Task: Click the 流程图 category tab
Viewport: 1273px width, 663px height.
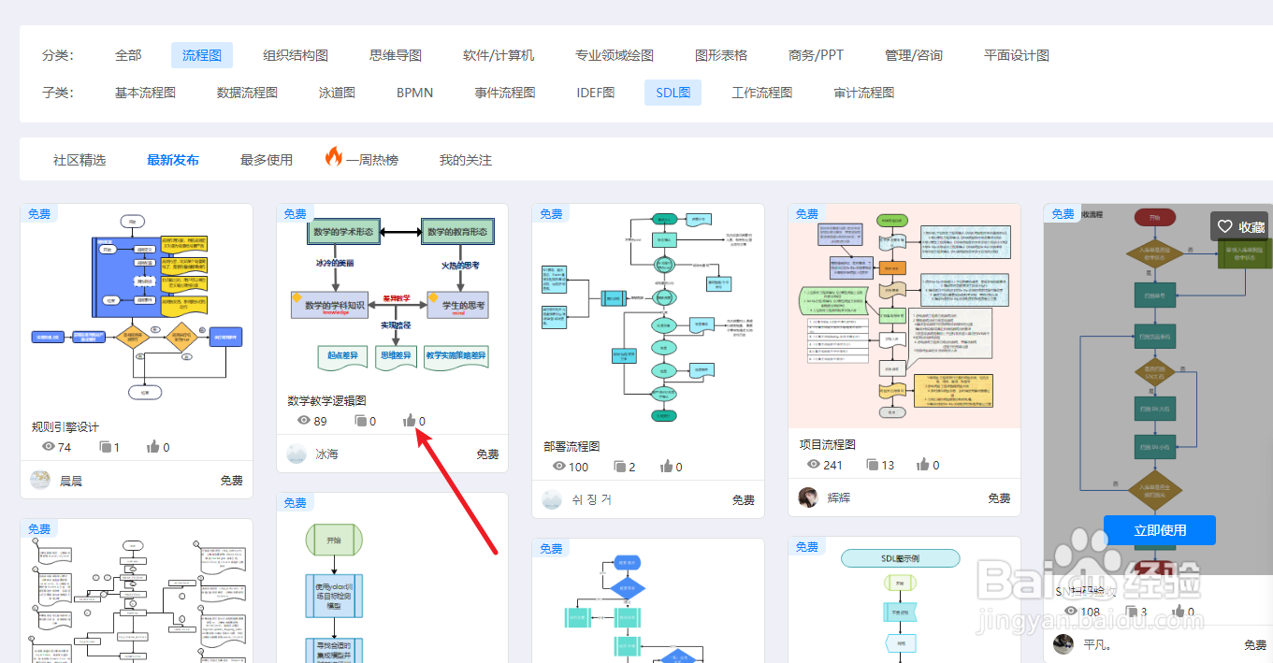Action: pyautogui.click(x=202, y=55)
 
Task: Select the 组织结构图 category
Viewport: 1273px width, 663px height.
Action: pyautogui.click(x=296, y=55)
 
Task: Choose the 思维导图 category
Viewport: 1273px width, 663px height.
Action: pyautogui.click(x=396, y=55)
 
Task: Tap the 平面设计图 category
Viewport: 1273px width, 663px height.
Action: pyautogui.click(x=1017, y=55)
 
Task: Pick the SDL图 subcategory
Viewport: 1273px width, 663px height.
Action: pyautogui.click(x=673, y=93)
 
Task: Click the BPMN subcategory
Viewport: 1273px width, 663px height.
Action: pyautogui.click(x=414, y=93)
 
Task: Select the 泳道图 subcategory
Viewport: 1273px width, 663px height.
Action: pyautogui.click(x=337, y=93)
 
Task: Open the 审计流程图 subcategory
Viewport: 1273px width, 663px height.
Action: pyautogui.click(x=864, y=93)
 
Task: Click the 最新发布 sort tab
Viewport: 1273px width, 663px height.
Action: pyautogui.click(x=173, y=160)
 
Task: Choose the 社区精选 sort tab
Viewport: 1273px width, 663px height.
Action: pyautogui.click(x=80, y=160)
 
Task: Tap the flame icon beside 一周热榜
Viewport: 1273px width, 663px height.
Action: pyautogui.click(x=334, y=157)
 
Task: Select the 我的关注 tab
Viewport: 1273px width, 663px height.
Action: pyautogui.click(x=466, y=160)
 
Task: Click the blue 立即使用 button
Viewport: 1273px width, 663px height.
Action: pyautogui.click(x=1160, y=530)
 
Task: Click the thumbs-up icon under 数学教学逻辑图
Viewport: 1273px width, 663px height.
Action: pyautogui.click(x=409, y=421)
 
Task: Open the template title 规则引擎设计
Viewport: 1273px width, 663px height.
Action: pyautogui.click(x=65, y=426)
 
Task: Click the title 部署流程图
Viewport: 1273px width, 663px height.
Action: pyautogui.click(x=571, y=446)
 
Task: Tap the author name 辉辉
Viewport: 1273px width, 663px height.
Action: pyautogui.click(x=839, y=497)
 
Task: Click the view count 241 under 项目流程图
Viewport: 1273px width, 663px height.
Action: pyautogui.click(x=832, y=465)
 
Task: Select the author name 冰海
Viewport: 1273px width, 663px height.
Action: pyautogui.click(x=326, y=454)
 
